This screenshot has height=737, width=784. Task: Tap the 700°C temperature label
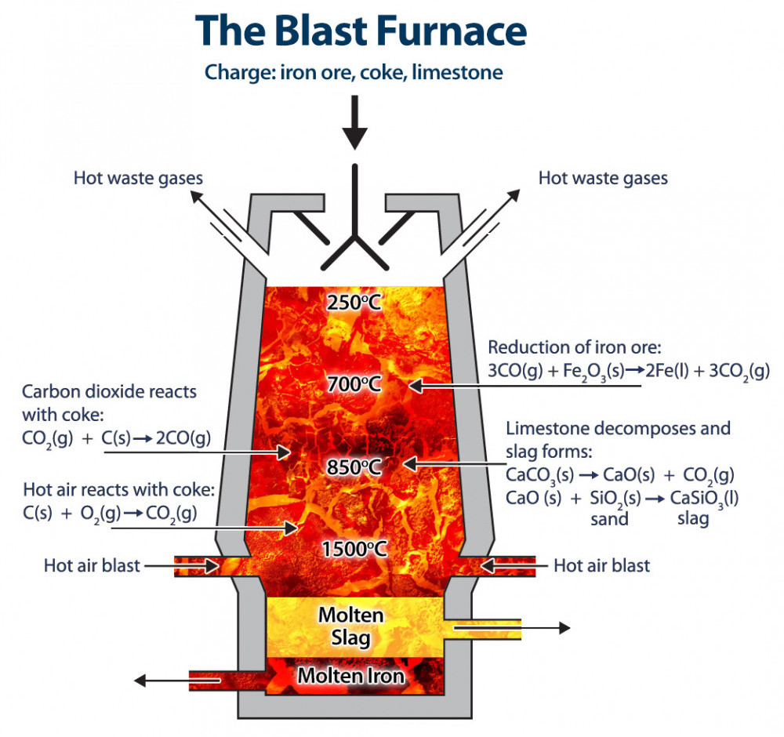355,384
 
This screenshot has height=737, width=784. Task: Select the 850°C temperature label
354,467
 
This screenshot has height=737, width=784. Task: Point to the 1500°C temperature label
354,549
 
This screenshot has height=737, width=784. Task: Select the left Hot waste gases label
138,178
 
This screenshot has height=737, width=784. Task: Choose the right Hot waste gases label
603,178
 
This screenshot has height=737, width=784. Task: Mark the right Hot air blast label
601,565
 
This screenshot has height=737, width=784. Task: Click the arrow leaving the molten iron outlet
161,679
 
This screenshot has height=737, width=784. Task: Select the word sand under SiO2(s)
609,518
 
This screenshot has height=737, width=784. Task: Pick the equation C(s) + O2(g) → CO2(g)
110,513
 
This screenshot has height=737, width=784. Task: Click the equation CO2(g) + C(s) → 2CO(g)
117,439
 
